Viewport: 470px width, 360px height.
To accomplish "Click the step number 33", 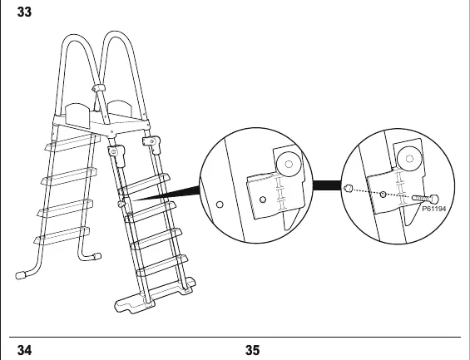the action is click(24, 12).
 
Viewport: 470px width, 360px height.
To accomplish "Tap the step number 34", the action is click(24, 350).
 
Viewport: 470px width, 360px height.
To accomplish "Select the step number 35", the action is click(253, 350).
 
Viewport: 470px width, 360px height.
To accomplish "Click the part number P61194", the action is click(433, 209).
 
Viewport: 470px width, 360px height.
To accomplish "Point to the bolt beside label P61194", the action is click(425, 198).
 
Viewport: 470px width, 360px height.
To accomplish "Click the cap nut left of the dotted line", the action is click(348, 189).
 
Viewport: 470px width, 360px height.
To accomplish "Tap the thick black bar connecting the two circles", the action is click(327, 185).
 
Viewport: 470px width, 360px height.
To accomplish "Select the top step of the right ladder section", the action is click(145, 184).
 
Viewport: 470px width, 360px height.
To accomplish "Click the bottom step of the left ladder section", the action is click(62, 236).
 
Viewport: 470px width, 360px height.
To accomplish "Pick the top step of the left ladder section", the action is click(73, 142).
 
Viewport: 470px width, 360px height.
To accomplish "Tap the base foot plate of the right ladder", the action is click(155, 296).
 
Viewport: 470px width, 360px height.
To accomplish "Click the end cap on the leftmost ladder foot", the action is click(20, 275).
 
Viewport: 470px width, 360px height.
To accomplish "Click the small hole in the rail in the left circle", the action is click(220, 205).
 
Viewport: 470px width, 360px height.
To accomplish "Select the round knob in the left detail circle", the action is click(289, 165).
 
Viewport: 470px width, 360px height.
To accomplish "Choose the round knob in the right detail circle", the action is click(409, 159).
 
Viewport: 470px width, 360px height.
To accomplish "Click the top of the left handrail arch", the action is click(73, 36).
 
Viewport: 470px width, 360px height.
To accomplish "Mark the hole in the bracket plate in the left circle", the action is click(263, 200).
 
